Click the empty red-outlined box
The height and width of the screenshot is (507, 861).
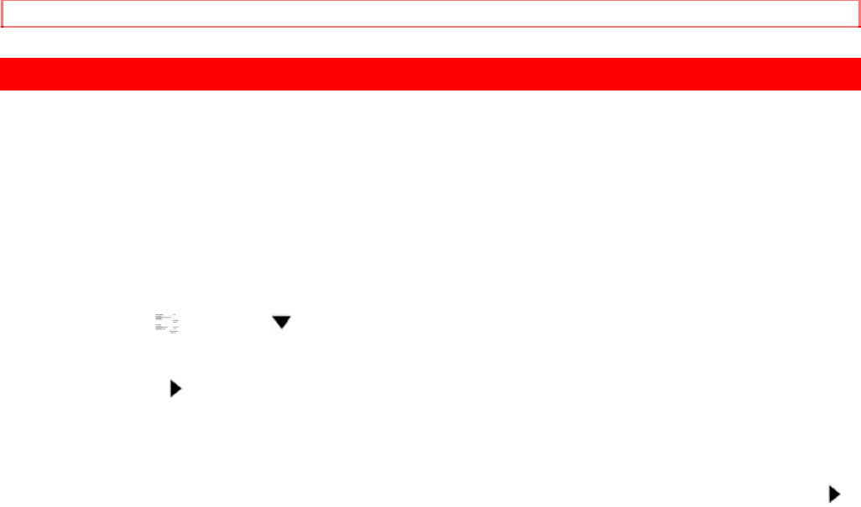[430, 15]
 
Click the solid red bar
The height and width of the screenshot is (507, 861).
[430, 74]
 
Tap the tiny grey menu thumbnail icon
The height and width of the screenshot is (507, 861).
[168, 323]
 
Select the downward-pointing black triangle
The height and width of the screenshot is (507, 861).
[280, 322]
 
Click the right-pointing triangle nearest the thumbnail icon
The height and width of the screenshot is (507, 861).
[176, 389]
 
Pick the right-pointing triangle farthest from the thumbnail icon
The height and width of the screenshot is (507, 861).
[834, 494]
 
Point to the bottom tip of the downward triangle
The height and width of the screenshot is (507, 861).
[280, 328]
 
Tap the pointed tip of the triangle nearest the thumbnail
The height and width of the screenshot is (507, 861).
[181, 389]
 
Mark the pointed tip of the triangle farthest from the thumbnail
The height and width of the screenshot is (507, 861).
[839, 494]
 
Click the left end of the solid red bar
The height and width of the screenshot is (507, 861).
[3, 74]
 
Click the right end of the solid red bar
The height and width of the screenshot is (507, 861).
[858, 74]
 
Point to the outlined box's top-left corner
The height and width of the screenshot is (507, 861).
[2, 2]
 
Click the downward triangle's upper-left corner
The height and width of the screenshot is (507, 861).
[272, 316]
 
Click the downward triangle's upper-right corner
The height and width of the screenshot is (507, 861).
[290, 316]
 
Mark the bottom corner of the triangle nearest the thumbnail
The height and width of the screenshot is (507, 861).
[172, 397]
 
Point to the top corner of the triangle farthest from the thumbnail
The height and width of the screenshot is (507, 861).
[830, 485]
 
